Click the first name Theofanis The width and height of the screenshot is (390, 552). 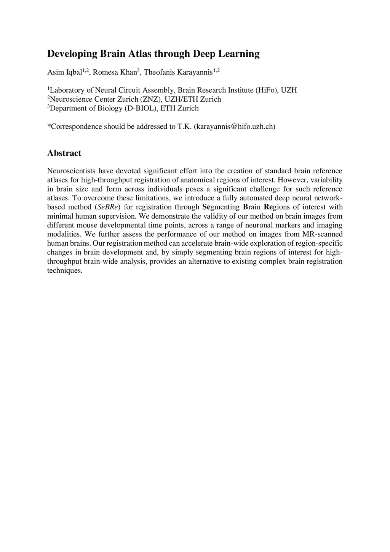(159, 72)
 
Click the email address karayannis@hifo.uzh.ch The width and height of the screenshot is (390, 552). (235, 127)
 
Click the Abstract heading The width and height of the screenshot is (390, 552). (64, 153)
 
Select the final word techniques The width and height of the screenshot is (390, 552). (64, 271)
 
